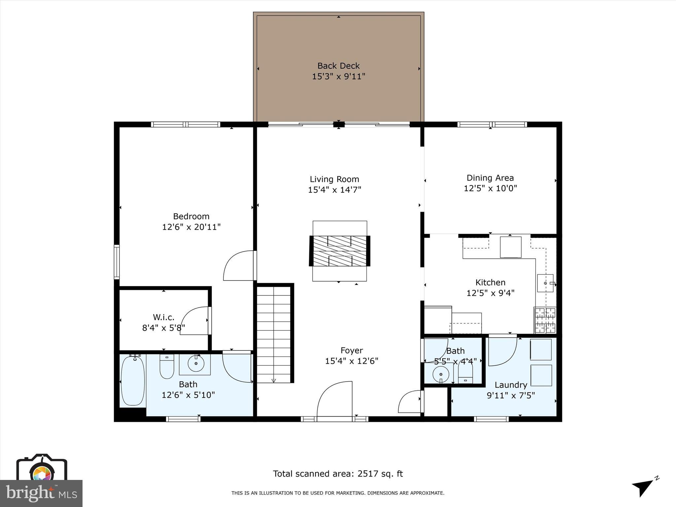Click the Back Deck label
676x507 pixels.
[338, 66]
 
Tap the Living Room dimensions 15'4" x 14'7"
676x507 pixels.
[334, 190]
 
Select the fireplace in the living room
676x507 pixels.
[339, 251]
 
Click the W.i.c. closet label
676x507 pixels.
[163, 317]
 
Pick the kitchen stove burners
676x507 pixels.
[545, 320]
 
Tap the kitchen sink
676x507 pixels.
[545, 283]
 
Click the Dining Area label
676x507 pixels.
[490, 178]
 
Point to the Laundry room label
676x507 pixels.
[511, 385]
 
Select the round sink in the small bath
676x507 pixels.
[441, 375]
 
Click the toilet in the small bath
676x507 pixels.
[465, 376]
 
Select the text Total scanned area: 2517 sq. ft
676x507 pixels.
[338, 474]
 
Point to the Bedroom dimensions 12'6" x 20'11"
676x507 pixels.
[191, 227]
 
